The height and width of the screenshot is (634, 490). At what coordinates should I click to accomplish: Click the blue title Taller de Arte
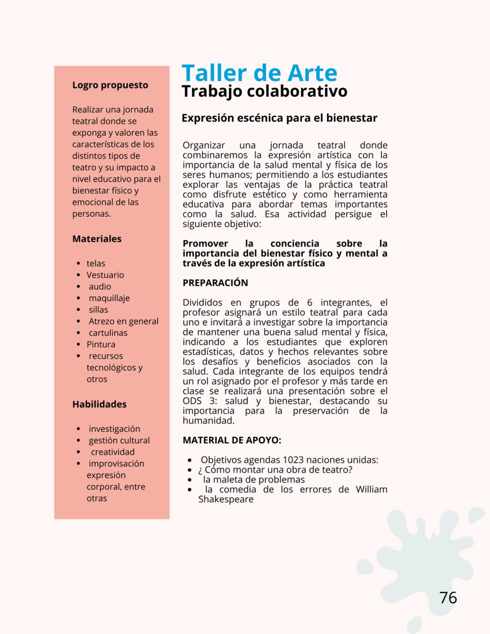point(259,73)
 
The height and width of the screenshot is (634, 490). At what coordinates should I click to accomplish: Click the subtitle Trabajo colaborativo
point(264,91)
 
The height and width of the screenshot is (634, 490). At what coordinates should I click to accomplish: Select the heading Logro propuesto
point(110,85)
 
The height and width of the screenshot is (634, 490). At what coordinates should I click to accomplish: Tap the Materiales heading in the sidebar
point(97,239)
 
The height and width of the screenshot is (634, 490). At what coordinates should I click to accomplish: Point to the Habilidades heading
point(99,404)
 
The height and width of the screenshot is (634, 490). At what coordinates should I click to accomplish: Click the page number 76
point(448,597)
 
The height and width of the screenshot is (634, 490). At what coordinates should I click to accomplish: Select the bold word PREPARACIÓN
point(215,283)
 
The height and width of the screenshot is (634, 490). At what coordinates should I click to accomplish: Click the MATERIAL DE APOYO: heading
point(232,440)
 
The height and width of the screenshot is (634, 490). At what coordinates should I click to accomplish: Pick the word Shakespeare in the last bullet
point(226,499)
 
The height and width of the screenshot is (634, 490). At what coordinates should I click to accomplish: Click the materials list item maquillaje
point(109,298)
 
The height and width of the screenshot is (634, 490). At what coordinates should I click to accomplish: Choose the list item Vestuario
point(105,275)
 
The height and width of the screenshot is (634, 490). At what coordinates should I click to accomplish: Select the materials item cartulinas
point(108,333)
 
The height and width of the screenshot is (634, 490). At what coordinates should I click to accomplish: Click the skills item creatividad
point(113,452)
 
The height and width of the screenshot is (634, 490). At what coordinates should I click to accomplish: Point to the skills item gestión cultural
point(119,440)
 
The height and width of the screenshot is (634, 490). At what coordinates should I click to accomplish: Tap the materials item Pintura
point(101,344)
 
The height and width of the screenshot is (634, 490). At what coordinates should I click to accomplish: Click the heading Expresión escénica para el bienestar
point(279,118)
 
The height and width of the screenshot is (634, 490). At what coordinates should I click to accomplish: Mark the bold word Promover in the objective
point(205,243)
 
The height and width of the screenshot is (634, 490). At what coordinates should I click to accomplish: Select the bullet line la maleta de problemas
point(254,479)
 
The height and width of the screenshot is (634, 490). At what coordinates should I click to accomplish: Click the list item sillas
point(98,310)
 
